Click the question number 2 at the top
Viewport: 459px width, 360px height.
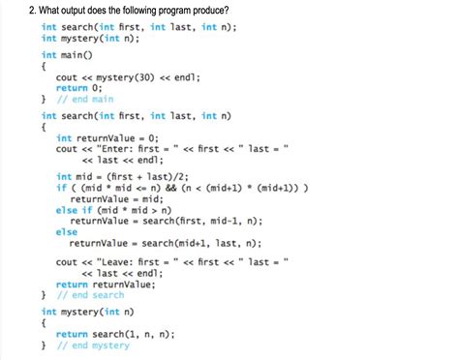pos(32,10)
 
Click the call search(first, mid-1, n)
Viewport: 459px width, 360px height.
pos(198,221)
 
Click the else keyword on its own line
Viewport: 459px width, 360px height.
pos(66,232)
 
